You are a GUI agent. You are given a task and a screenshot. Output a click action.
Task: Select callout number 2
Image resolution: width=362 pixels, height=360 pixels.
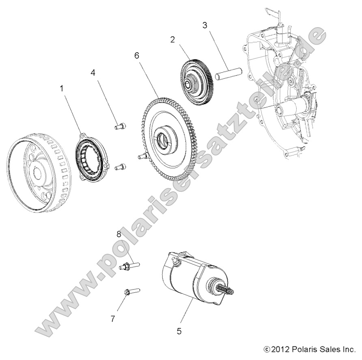[172, 40]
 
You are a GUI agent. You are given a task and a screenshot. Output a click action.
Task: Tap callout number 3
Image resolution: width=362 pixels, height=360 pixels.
[205, 25]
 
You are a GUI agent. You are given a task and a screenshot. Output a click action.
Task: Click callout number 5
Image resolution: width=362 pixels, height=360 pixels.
[179, 331]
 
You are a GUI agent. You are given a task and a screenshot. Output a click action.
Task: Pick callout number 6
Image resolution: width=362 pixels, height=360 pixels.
[136, 56]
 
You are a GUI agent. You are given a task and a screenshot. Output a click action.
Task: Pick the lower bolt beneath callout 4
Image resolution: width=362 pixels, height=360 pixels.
[120, 166]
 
